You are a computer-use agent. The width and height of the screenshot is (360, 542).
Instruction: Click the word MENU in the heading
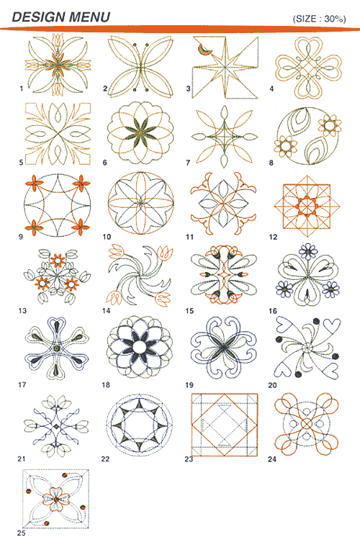click(x=89, y=17)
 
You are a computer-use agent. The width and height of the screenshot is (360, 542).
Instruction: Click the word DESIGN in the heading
click(x=39, y=17)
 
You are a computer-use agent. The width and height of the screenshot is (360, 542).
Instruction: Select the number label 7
click(x=188, y=163)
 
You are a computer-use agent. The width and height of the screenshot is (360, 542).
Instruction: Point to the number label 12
click(x=273, y=237)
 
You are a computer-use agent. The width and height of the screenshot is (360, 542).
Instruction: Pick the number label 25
click(x=22, y=533)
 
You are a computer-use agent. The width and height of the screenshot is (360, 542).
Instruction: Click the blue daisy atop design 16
click(x=307, y=252)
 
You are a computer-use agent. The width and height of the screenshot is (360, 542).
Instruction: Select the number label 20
click(x=272, y=384)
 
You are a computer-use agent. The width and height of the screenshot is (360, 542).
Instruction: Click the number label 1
click(x=22, y=89)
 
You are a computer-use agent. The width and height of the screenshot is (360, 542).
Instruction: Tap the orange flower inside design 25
click(x=56, y=500)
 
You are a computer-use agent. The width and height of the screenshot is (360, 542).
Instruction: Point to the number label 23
click(x=189, y=459)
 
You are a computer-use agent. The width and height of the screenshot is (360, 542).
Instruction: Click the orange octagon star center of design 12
click(x=307, y=207)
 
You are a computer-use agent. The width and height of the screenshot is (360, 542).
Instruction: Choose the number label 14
click(x=106, y=311)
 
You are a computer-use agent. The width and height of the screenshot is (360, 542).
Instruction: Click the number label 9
click(x=21, y=237)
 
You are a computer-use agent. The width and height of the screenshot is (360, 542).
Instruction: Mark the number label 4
click(x=272, y=89)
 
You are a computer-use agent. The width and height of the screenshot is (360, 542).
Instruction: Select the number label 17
click(x=22, y=384)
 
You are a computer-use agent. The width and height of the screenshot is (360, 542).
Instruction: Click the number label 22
click(x=105, y=459)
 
